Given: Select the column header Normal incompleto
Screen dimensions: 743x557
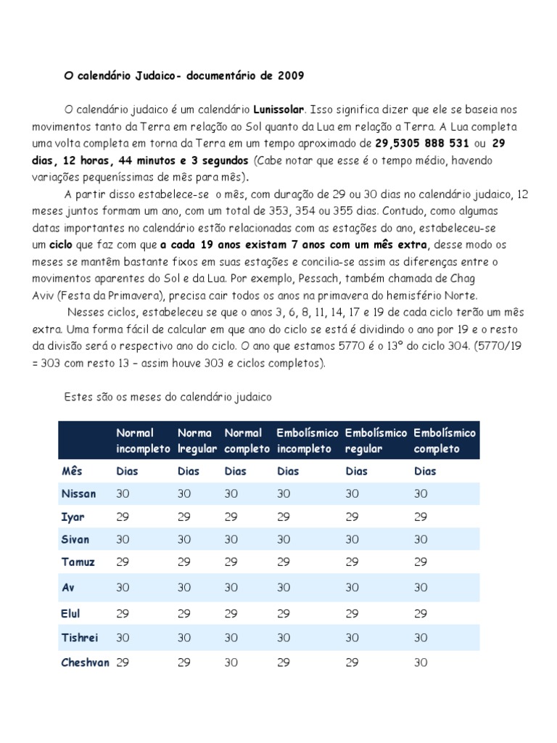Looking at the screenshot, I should tap(143, 440).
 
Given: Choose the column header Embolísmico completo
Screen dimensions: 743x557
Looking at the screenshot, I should tap(445, 440).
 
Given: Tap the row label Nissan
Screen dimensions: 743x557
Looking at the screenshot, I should tap(79, 493).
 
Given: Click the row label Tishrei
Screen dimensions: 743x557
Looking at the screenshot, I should tap(80, 637).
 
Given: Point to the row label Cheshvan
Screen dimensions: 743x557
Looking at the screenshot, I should tap(86, 662).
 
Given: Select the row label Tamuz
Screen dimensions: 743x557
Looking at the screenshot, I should tap(78, 562).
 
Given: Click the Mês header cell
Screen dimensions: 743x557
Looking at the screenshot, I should tap(73, 471).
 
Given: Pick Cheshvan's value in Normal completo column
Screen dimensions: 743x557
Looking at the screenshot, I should tap(231, 662).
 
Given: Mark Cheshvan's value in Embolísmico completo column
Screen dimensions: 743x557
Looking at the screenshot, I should tap(421, 662).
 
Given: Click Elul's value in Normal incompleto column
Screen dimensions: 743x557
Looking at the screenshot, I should tap(123, 613).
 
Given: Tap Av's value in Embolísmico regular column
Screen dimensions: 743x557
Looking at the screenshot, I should tap(352, 587).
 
